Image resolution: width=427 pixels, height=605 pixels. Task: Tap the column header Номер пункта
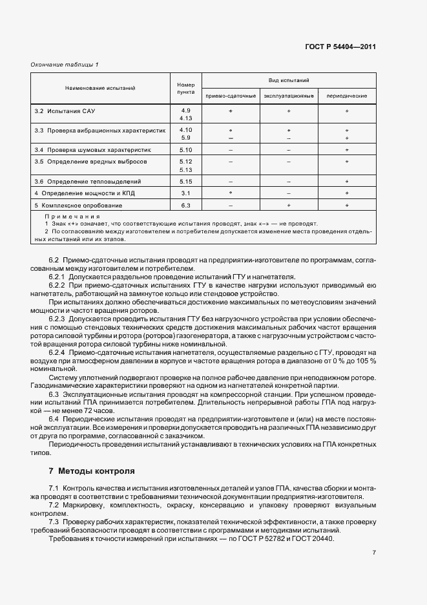point(186,88)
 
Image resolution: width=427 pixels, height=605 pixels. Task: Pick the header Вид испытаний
point(289,80)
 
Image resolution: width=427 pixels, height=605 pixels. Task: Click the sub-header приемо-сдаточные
point(231,96)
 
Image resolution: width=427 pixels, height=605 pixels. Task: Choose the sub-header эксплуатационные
point(289,96)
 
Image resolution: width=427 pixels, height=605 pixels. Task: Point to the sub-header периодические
point(347,96)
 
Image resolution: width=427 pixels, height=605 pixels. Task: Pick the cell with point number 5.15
point(186,182)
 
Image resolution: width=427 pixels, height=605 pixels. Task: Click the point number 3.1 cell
point(186,193)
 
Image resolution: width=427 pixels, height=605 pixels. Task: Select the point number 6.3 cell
point(186,205)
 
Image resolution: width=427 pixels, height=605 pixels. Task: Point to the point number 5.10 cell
point(186,149)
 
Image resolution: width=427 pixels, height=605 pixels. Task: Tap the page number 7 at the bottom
point(374,553)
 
